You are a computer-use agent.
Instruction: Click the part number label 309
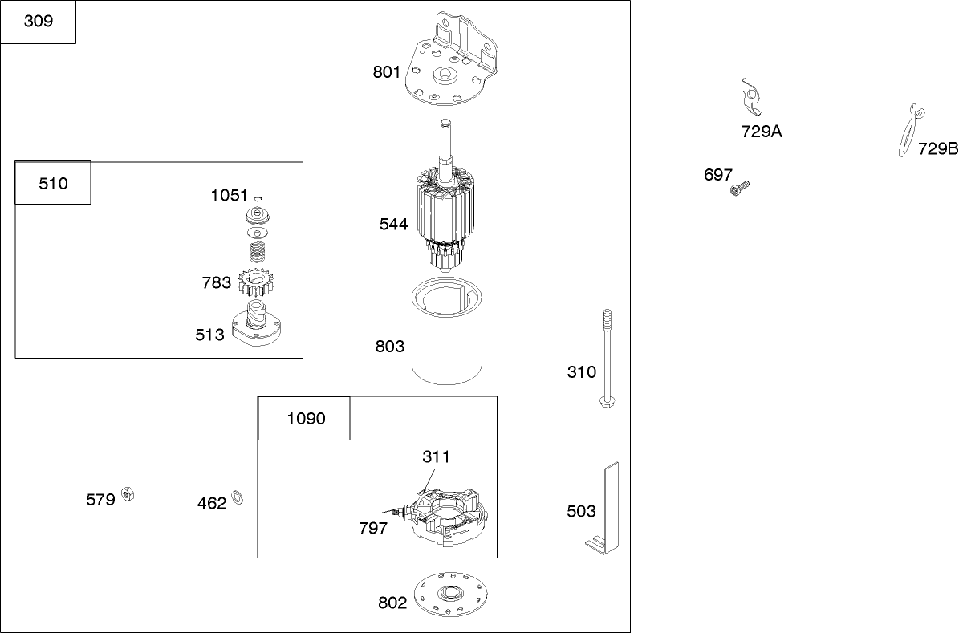pyautogui.click(x=38, y=22)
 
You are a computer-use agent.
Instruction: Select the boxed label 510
pyautogui.click(x=53, y=184)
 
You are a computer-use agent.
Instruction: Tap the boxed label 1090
pyautogui.click(x=306, y=419)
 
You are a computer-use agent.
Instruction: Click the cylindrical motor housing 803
pyautogui.click(x=447, y=331)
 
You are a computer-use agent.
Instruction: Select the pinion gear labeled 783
pyautogui.click(x=256, y=283)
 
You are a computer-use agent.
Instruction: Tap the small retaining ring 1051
pyautogui.click(x=258, y=197)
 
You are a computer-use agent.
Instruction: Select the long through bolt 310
pyautogui.click(x=607, y=359)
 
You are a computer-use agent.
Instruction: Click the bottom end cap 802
pyautogui.click(x=451, y=594)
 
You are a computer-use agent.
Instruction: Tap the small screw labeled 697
pyautogui.click(x=739, y=188)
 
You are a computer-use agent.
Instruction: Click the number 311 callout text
pyautogui.click(x=436, y=456)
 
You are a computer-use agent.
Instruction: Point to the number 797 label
pyautogui.click(x=373, y=529)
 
